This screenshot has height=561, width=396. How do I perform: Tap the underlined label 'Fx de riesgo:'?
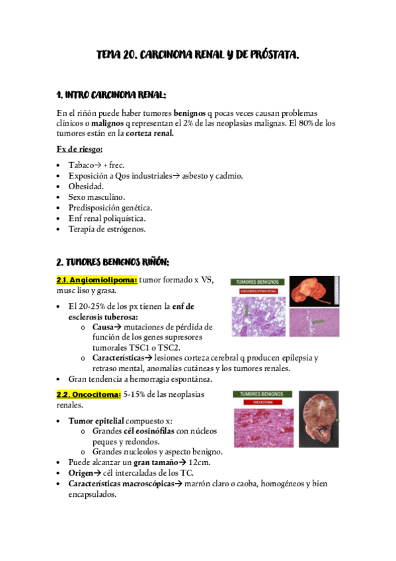79,149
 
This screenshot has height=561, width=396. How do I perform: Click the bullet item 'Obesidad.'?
86,187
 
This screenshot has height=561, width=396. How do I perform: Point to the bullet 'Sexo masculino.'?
97,197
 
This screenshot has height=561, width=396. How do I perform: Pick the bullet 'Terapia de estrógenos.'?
106,229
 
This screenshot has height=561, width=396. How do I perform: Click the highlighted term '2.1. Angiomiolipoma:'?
97,280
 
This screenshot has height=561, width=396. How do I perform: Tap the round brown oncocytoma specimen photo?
319,419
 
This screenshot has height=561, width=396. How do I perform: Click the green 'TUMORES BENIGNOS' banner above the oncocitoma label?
262,394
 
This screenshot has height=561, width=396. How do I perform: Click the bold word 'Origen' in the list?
84,473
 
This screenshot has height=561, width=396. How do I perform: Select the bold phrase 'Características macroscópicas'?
117,484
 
